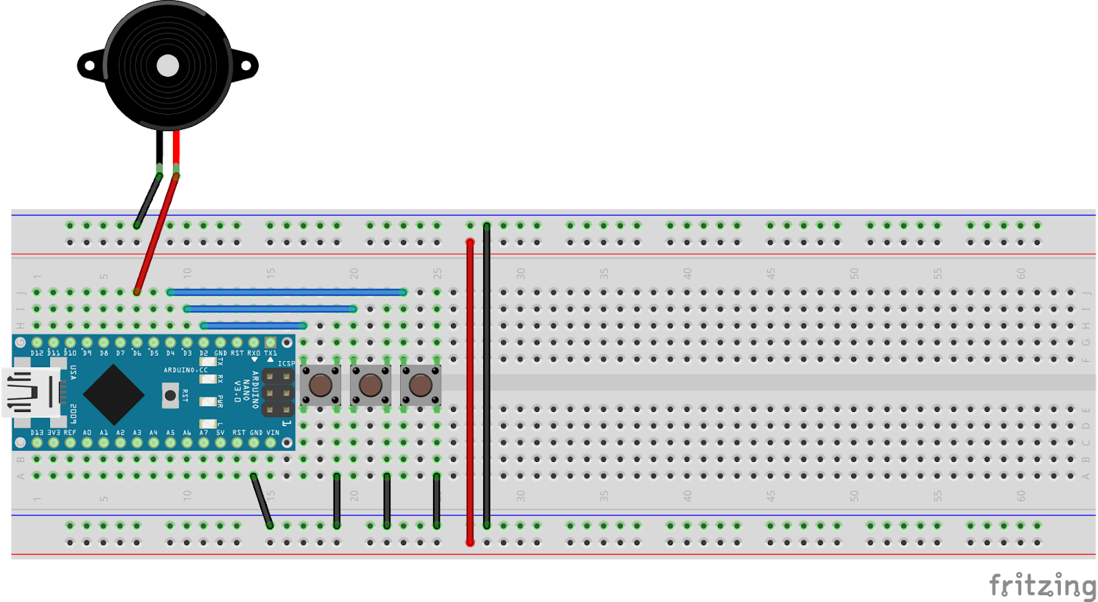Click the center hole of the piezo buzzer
point(168,66)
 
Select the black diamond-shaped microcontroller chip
point(113,395)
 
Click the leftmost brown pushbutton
point(320,385)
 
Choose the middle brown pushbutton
point(371,385)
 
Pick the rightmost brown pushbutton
point(421,385)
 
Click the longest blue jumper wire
point(287,292)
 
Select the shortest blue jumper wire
point(254,325)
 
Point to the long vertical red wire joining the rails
point(470,391)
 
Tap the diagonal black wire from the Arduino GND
point(261,500)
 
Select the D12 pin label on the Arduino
point(36,354)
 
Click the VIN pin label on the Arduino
point(272,433)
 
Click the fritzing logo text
point(1042,586)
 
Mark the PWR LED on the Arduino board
point(208,402)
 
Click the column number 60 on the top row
point(1021,273)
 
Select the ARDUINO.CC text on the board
point(185,370)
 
